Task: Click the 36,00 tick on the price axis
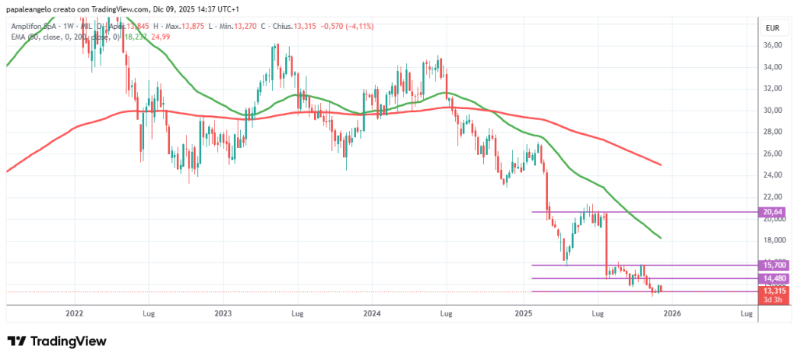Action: (773, 45)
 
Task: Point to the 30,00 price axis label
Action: (773, 110)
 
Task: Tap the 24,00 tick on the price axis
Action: (773, 175)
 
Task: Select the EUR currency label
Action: (773, 27)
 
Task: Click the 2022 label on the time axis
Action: (75, 314)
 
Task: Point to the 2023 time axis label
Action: (223, 314)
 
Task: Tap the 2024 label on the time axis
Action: (372, 314)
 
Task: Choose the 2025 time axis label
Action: (524, 314)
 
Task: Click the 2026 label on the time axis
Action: (672, 314)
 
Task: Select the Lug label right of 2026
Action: (746, 314)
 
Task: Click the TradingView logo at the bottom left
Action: (56, 341)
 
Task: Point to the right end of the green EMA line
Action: (662, 238)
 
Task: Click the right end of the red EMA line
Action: (662, 164)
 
